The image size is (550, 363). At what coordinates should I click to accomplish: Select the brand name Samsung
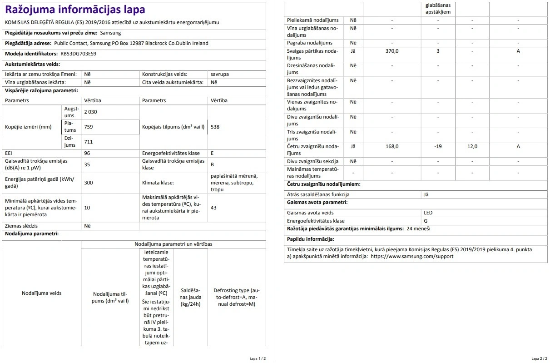tap(111, 33)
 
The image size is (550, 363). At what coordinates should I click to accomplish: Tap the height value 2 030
tap(90, 112)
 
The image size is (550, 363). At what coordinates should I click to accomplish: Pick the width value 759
tap(88, 127)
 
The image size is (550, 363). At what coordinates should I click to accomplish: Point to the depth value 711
tap(88, 142)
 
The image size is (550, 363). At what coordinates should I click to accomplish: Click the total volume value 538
tap(215, 127)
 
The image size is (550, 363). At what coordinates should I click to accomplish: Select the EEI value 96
tap(87, 153)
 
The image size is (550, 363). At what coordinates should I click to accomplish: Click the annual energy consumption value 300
tap(88, 183)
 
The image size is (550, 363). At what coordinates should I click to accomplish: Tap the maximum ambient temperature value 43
tap(213, 207)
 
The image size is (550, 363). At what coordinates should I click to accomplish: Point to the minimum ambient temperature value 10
tap(87, 207)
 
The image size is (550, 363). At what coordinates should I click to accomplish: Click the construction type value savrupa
tap(220, 74)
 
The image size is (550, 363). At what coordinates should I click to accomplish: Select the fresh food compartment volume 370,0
tap(392, 51)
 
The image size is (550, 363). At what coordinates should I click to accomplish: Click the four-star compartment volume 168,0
tap(392, 146)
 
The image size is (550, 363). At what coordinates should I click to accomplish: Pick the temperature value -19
tap(438, 146)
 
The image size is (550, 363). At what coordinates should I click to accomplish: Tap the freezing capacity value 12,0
tap(472, 146)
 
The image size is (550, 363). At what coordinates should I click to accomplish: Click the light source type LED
tap(428, 213)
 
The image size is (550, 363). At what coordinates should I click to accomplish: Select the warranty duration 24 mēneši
tap(418, 229)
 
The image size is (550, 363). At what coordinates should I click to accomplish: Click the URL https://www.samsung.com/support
tap(412, 256)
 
